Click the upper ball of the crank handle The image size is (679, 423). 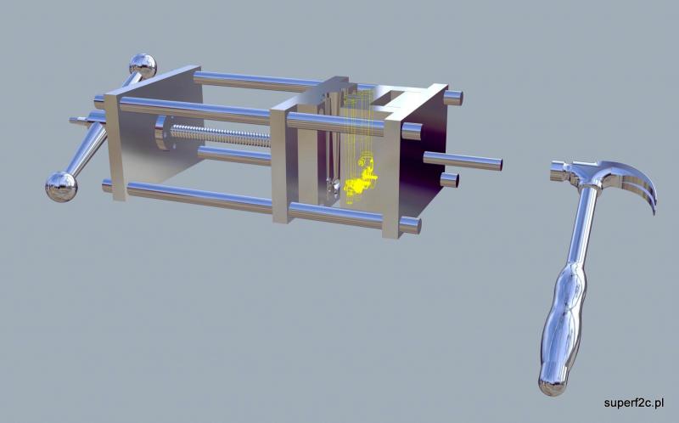click(143, 66)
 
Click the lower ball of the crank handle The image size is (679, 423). click(61, 186)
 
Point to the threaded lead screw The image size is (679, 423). click(220, 135)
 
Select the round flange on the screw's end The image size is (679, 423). click(161, 133)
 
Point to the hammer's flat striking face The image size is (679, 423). click(553, 171)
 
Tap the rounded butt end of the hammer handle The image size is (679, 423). click(553, 384)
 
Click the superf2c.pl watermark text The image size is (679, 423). click(633, 403)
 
